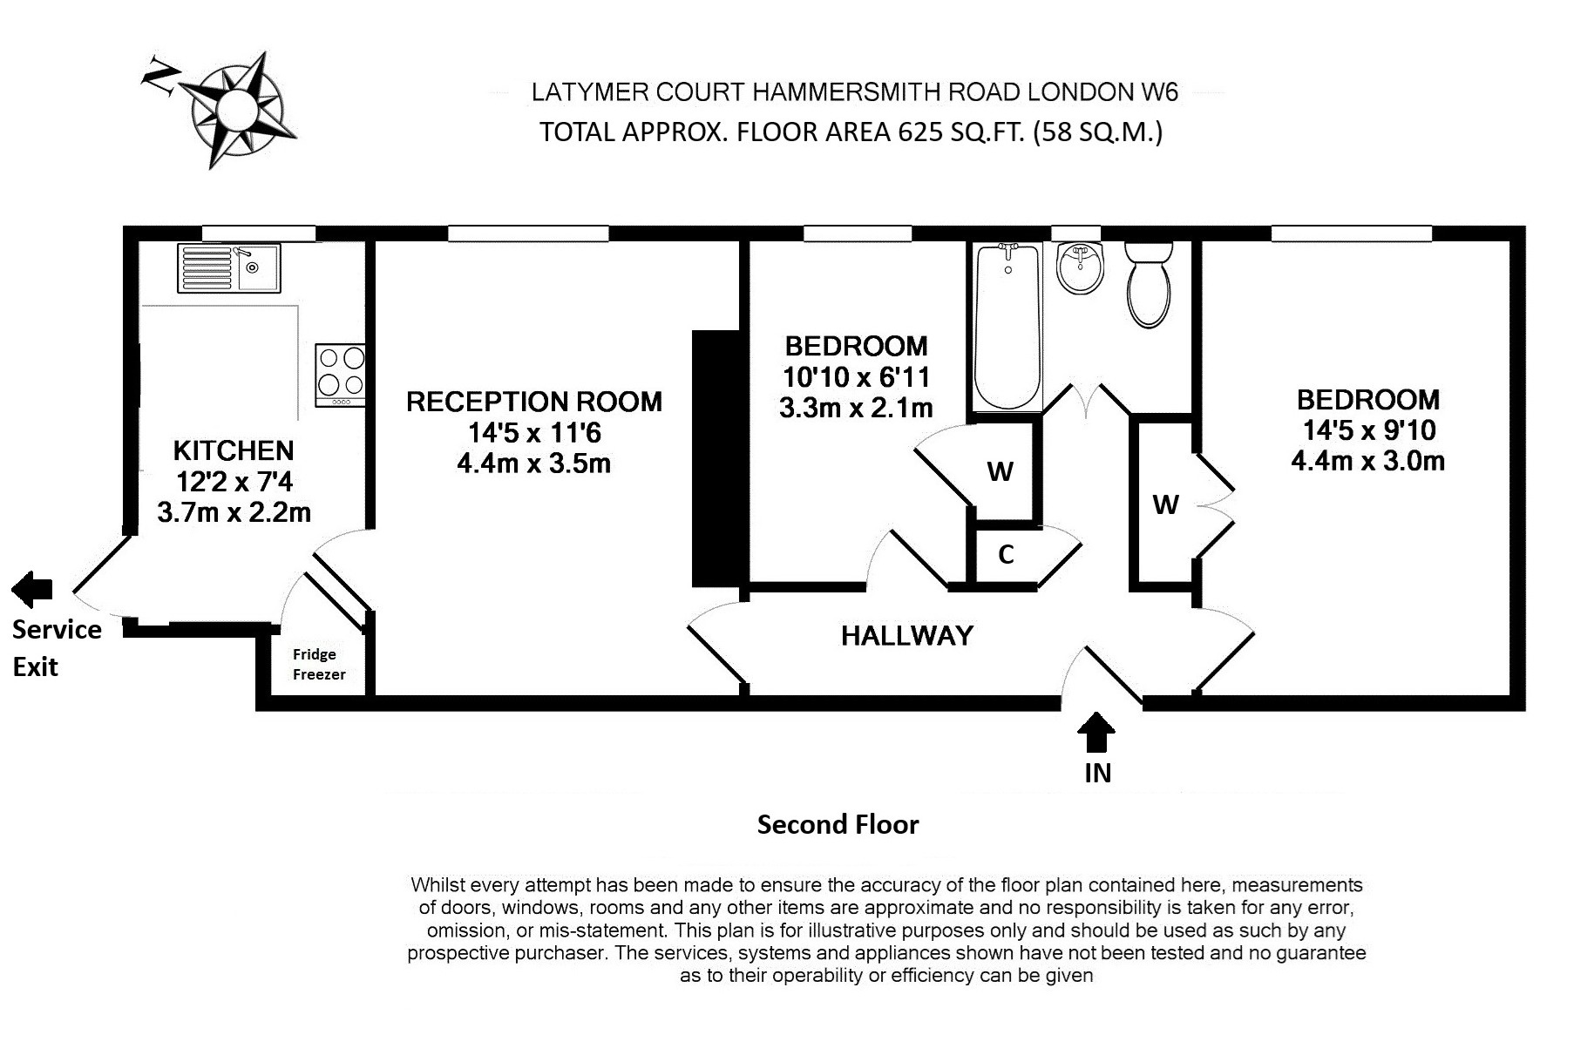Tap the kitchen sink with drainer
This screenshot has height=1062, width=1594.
pos(229,267)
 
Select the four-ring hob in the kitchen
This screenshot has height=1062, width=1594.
pos(341,373)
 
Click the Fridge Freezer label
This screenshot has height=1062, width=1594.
pos(318,664)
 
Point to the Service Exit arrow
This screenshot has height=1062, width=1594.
pos(32,590)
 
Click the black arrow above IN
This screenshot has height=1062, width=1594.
pos(1095,733)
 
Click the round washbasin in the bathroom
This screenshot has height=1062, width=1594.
pos(1080,268)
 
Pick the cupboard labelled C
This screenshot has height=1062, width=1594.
pos(1006,555)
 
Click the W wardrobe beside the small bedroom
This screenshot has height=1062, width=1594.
pos(1000,472)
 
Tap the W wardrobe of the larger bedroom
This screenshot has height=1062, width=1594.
pos(1165,504)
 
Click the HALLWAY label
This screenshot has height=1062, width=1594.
pos(906,636)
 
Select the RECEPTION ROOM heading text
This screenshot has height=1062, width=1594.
pos(533,402)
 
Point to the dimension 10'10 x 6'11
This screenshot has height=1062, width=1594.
pos(856,377)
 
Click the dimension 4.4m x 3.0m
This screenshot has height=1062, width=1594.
pos(1367,461)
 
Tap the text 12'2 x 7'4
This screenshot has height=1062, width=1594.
pos(234,481)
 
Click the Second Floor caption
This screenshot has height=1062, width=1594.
pos(838,824)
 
